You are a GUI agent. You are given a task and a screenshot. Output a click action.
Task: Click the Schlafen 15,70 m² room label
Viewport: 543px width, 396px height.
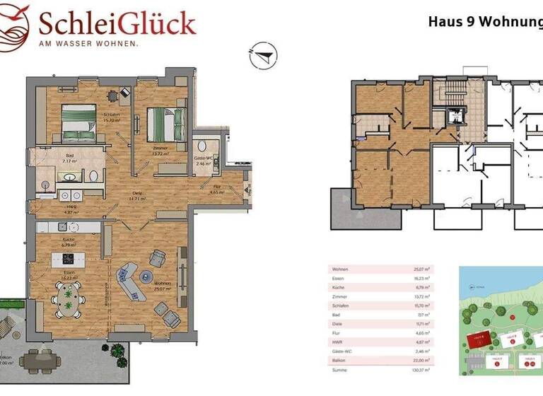(x=110, y=117)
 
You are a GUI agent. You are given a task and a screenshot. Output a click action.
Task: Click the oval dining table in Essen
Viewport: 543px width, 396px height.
(x=69, y=296)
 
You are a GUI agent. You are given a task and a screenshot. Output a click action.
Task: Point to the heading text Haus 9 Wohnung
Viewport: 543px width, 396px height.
(x=484, y=21)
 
